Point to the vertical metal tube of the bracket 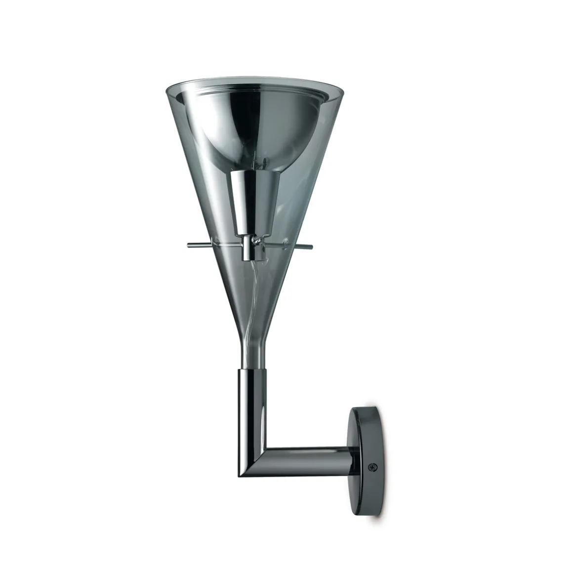coord(254,405)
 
